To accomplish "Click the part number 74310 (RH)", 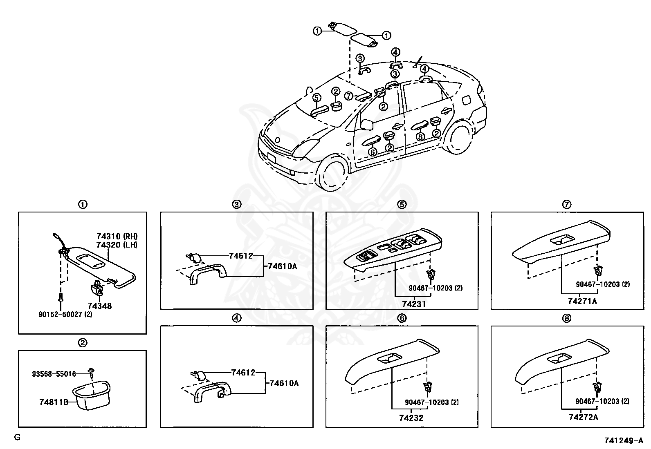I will coord(117,236).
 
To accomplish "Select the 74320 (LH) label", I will coord(117,245).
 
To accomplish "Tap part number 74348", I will coord(99,306).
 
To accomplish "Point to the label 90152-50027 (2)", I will coord(65,314).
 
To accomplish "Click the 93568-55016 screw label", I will coord(54,373).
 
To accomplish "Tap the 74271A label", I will coord(582,301).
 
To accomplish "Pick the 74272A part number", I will coord(583,417).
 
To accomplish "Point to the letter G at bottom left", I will coord(17,437).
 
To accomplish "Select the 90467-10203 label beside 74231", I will coord(435,288).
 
